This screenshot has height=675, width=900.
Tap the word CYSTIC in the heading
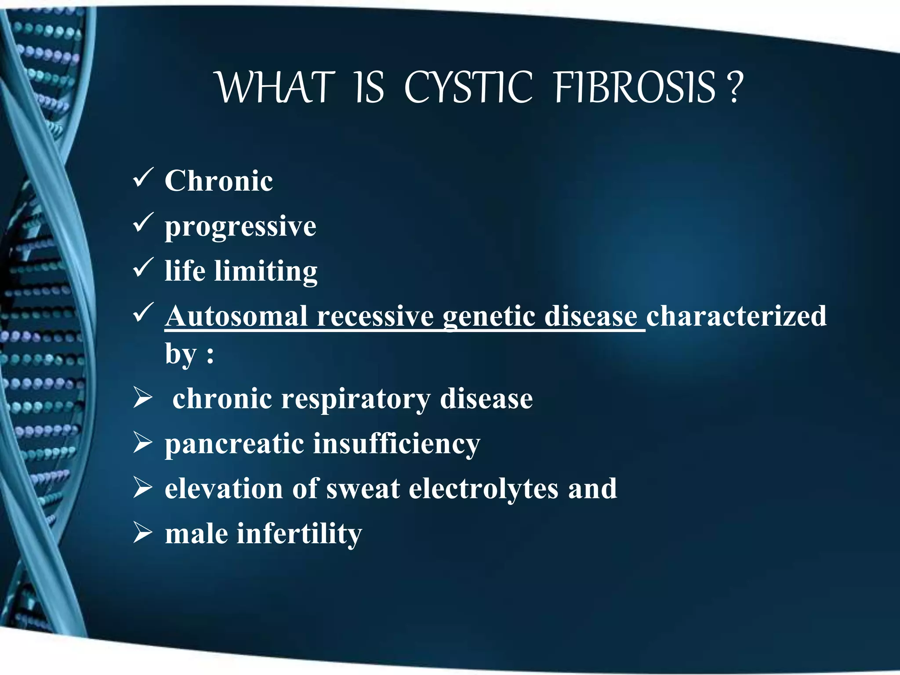pos(468,88)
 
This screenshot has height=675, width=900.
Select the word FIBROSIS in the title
pos(635,88)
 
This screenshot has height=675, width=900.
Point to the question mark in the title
pos(735,88)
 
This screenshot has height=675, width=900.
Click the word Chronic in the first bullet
pos(218,181)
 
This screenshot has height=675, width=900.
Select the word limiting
pos(266,271)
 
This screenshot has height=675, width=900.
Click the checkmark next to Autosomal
pos(143,312)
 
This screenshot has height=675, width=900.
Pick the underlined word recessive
pos(375,316)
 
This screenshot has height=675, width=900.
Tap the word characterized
pos(736,316)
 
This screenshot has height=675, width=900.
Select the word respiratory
pos(356,399)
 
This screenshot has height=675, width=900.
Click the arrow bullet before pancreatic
pos(143,443)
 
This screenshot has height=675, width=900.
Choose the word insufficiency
pos(396,444)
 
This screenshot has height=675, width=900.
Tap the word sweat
pos(363,489)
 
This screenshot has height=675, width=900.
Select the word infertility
pos(299,533)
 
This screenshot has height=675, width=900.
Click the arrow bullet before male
pos(143,533)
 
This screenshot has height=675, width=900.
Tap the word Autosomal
pos(236,316)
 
